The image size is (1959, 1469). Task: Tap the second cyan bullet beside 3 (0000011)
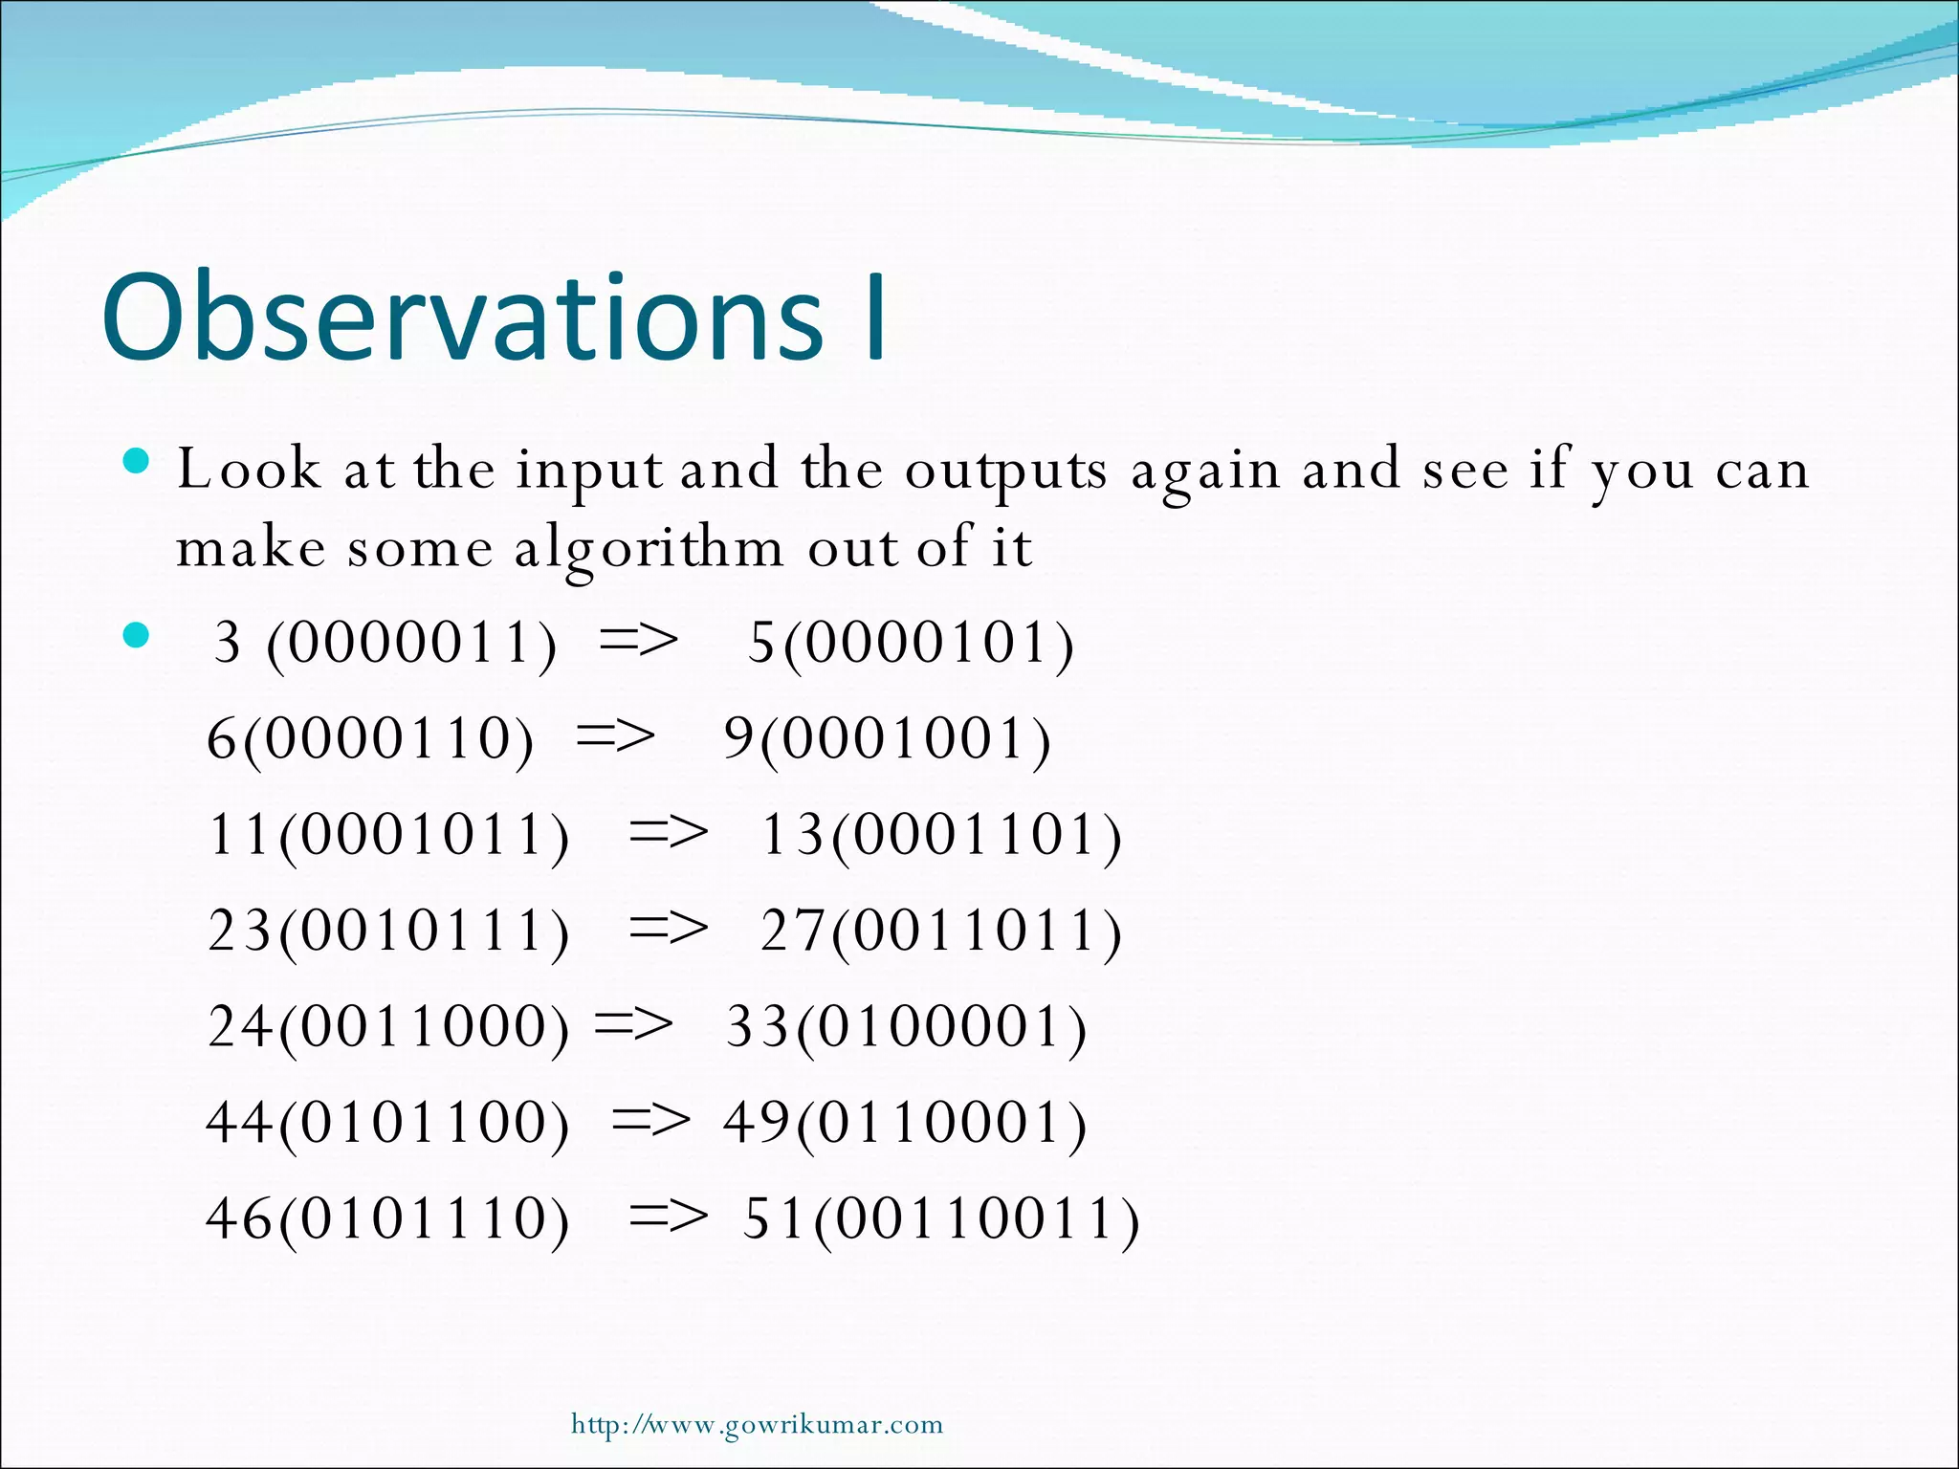[137, 635]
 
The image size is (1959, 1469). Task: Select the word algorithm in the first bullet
[649, 549]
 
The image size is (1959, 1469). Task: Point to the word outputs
[1005, 471]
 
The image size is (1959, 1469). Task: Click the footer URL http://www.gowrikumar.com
[757, 1424]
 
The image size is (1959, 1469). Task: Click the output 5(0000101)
[910, 643]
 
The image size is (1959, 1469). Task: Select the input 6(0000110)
[370, 738]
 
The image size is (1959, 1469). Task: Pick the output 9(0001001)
[887, 738]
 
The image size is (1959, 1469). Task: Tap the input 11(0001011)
[388, 834]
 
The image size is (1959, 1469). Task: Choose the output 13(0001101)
[940, 834]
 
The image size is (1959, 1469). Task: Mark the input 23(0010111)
[388, 930]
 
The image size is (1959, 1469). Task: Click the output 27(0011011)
[940, 930]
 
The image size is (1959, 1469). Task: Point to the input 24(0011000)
[388, 1026]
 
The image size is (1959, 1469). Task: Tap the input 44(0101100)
[387, 1122]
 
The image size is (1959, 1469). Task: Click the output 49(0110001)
[905, 1122]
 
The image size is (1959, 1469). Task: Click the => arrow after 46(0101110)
[669, 1217]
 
